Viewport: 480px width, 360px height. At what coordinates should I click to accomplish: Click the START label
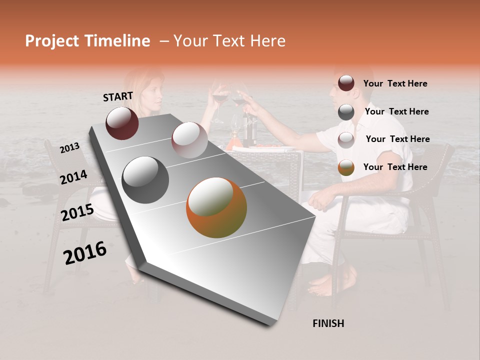pyautogui.click(x=118, y=96)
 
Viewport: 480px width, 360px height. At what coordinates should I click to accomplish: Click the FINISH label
pyautogui.click(x=328, y=323)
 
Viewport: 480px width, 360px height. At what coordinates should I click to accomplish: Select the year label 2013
pyautogui.click(x=70, y=148)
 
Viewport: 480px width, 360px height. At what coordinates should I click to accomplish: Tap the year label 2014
pyautogui.click(x=73, y=177)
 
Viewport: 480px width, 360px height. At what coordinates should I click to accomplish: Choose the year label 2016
pyautogui.click(x=85, y=253)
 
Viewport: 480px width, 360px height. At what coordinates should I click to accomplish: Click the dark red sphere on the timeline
pyautogui.click(x=122, y=123)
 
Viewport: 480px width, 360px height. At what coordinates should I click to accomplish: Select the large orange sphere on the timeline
pyautogui.click(x=216, y=207)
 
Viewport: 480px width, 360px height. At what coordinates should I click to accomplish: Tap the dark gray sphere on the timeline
pyautogui.click(x=145, y=180)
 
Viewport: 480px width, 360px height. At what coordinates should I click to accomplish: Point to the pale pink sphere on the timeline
pyautogui.click(x=189, y=140)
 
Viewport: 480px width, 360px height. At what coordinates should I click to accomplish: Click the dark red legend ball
pyautogui.click(x=346, y=83)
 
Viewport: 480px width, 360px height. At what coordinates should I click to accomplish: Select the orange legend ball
pyautogui.click(x=346, y=167)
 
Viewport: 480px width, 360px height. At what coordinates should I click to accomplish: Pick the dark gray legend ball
pyautogui.click(x=346, y=112)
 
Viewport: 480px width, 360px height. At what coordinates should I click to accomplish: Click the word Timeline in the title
pyautogui.click(x=119, y=41)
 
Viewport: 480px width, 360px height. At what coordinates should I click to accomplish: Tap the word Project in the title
pyautogui.click(x=51, y=41)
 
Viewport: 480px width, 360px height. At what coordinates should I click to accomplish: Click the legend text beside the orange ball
pyautogui.click(x=395, y=167)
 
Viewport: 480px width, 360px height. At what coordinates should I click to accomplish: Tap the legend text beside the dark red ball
pyautogui.click(x=395, y=83)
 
